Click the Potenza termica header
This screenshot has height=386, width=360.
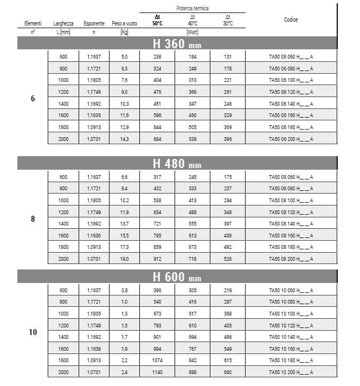click(192, 9)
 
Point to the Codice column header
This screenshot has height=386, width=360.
click(291, 20)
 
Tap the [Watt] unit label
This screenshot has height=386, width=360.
click(192, 33)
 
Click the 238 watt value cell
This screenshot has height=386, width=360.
click(158, 57)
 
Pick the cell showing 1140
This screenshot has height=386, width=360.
click(158, 372)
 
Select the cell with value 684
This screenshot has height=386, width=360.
click(158, 139)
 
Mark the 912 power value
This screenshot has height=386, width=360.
click(158, 259)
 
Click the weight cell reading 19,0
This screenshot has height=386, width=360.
click(124, 259)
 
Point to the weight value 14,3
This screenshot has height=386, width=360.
click(124, 139)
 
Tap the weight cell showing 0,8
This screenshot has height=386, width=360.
click(124, 291)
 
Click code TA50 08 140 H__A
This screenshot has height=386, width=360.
click(291, 224)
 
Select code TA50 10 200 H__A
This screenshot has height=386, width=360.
click(291, 372)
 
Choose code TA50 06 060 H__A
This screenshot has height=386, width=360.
click(291, 57)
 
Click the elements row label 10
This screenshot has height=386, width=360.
click(33, 332)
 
